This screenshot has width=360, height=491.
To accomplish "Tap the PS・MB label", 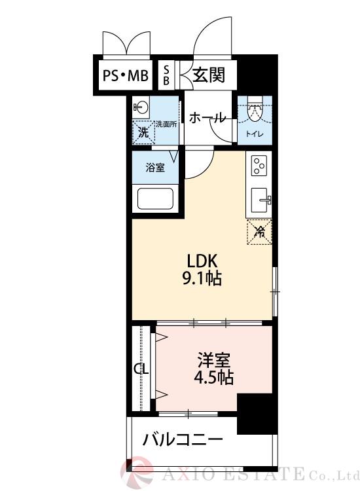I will (125, 77).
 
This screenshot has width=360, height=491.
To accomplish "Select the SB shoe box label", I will (166, 75).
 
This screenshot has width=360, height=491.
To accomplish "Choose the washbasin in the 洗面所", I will (141, 105).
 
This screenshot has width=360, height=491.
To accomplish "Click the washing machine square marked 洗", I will (142, 131).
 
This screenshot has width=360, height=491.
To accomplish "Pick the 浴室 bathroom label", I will (154, 167).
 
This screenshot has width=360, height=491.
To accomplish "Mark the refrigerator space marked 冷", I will (259, 231).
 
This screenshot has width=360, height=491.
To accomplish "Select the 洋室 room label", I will (214, 360).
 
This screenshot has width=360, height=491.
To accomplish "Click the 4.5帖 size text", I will (214, 378).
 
